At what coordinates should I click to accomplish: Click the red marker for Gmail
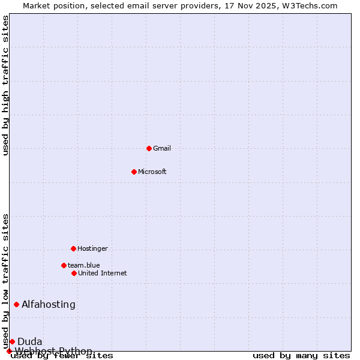(149, 148)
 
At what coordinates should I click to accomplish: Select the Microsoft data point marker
(134, 172)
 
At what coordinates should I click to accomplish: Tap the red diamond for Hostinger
(73, 248)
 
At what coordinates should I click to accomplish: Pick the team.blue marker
(64, 265)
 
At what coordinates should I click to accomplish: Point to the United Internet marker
(74, 273)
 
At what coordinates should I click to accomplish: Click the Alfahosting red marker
(16, 304)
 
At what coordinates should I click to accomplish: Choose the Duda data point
(12, 341)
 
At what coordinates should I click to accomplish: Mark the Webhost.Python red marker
(9, 351)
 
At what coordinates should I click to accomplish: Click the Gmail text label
(162, 148)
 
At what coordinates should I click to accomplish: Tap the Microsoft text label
(152, 172)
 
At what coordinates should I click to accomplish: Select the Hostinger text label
(92, 248)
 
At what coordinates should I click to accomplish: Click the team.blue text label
(84, 265)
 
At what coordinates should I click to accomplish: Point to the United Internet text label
(103, 273)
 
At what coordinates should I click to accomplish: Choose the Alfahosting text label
(49, 304)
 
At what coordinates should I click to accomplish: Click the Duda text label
(30, 341)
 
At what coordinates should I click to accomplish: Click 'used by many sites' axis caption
(301, 355)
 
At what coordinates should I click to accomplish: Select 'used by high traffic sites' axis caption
(6, 85)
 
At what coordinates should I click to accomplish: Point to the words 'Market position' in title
(52, 5)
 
